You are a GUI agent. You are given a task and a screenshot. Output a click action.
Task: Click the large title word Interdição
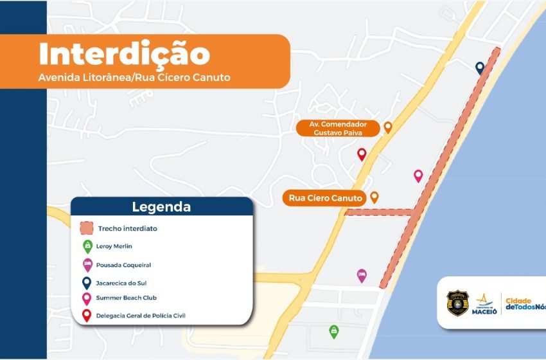[124, 54]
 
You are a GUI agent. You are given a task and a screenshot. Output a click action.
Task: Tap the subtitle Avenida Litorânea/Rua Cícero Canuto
[134, 78]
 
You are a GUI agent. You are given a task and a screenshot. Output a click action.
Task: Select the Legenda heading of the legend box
[161, 207]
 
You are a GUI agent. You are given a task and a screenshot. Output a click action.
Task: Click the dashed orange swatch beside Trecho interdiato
[87, 228]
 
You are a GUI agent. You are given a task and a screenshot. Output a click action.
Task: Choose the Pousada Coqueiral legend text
[123, 264]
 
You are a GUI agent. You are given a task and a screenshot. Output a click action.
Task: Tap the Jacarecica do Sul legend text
[126, 282]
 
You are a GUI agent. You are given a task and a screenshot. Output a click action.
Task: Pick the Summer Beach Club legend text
[127, 298]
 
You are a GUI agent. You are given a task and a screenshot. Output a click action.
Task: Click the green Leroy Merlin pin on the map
[333, 331]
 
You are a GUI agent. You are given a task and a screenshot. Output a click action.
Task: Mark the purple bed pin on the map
[362, 275]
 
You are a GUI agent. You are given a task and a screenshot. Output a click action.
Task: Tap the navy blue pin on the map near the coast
[480, 67]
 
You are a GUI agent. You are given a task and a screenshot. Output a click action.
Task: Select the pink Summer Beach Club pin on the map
[418, 175]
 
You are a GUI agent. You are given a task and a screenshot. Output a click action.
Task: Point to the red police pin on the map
[362, 154]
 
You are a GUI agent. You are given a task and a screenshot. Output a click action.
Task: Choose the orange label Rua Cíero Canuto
[326, 198]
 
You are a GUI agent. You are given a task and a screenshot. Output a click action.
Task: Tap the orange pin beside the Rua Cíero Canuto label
[374, 197]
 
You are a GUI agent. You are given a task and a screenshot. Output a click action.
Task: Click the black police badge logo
[457, 303]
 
